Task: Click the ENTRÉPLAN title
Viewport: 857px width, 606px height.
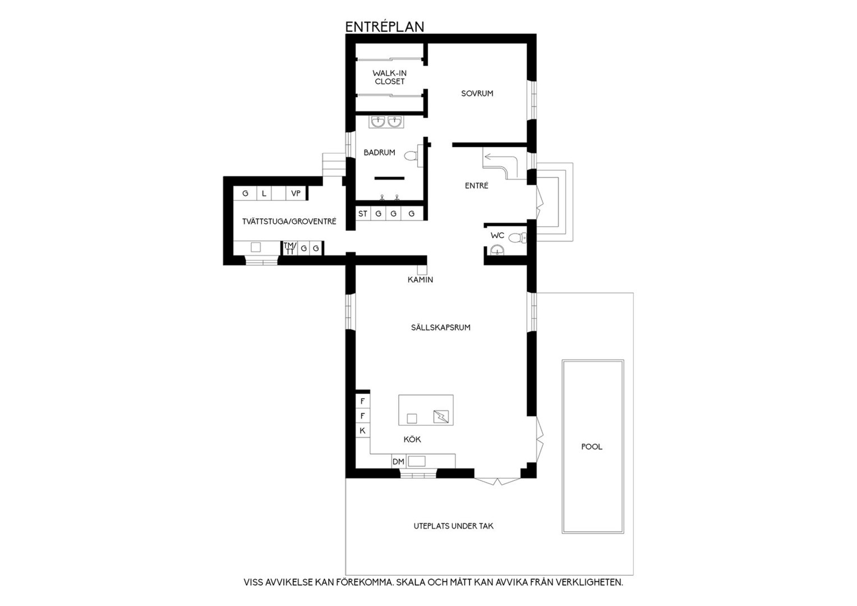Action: pyautogui.click(x=385, y=27)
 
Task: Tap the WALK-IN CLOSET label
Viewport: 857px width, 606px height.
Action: pyautogui.click(x=389, y=77)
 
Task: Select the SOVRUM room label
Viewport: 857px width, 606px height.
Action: pyautogui.click(x=477, y=93)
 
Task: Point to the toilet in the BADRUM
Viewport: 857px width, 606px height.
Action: pyautogui.click(x=413, y=156)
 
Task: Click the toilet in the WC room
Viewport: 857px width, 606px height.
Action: pyautogui.click(x=517, y=238)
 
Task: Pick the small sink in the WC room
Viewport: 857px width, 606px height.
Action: pyautogui.click(x=497, y=250)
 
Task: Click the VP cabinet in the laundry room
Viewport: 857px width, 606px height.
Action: pyautogui.click(x=296, y=194)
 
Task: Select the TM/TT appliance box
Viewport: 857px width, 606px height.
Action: pyautogui.click(x=290, y=248)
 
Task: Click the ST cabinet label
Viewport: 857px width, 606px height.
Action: pyautogui.click(x=363, y=214)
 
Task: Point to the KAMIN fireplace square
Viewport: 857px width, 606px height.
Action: pyautogui.click(x=422, y=270)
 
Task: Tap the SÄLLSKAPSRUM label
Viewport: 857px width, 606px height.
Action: pyautogui.click(x=441, y=327)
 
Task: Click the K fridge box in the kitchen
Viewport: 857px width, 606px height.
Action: pyautogui.click(x=363, y=431)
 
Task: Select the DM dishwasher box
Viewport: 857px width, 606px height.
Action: pyautogui.click(x=398, y=462)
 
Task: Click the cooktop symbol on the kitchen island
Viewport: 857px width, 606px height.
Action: pyautogui.click(x=441, y=416)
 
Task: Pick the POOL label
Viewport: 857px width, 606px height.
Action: pyautogui.click(x=592, y=447)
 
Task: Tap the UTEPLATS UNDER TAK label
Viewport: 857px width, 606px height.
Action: pyautogui.click(x=453, y=526)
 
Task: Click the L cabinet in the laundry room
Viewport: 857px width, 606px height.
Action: pyautogui.click(x=264, y=194)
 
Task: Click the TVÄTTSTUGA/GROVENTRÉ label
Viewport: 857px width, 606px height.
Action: pyautogui.click(x=289, y=221)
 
